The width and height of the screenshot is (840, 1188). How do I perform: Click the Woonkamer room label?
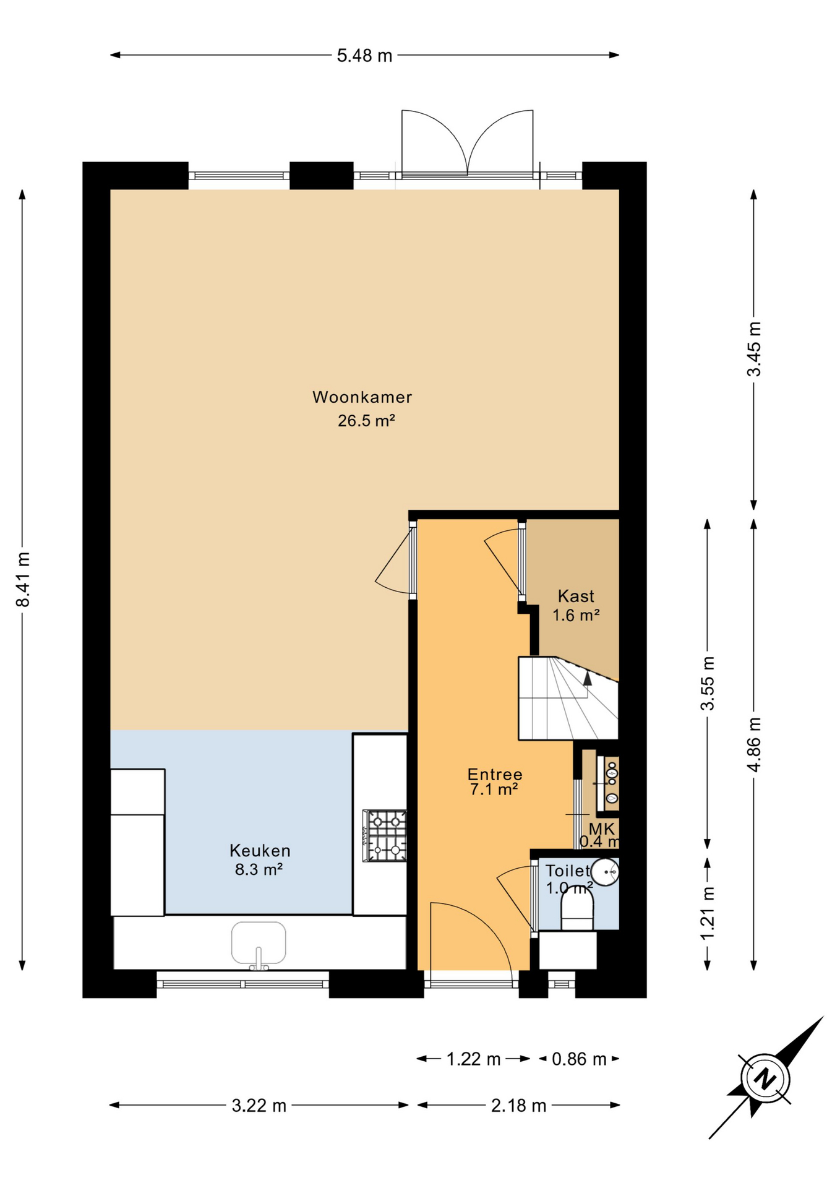(x=362, y=397)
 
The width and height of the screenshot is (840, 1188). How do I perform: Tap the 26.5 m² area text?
(x=366, y=421)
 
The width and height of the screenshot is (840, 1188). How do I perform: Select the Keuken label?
(x=260, y=851)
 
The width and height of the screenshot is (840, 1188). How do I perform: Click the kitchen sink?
(x=259, y=944)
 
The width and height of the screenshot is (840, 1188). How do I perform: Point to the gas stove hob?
(x=385, y=836)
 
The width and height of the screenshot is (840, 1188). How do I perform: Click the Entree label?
(x=495, y=775)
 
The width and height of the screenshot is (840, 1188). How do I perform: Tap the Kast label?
(x=576, y=596)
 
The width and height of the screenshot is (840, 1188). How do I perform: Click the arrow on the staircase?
(x=588, y=679)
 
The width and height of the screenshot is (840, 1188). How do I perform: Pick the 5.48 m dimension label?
(x=364, y=56)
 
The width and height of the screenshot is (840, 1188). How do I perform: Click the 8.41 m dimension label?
(x=23, y=579)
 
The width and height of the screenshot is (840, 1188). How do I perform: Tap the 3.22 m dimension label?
(x=259, y=1106)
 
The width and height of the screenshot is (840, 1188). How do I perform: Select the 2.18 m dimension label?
(x=519, y=1106)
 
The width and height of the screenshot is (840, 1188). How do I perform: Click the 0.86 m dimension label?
(x=579, y=1059)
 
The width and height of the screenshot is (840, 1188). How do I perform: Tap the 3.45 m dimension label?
(x=754, y=349)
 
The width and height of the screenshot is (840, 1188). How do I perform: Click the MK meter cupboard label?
(x=602, y=829)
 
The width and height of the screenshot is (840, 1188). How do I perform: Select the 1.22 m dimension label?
(x=474, y=1059)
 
